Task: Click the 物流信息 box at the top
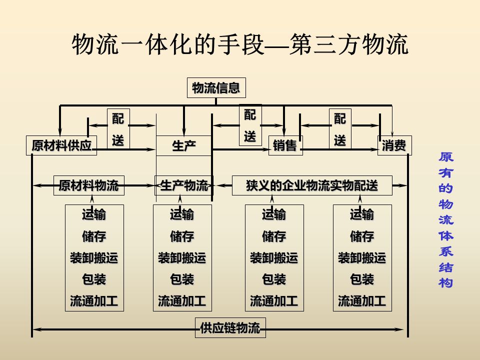[x=216, y=88]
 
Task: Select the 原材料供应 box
[x=61, y=145]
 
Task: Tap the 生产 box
[x=184, y=145]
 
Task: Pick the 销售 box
[x=285, y=145]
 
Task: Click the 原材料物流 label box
[x=88, y=185]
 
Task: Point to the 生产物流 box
[x=184, y=185]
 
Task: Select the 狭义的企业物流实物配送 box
[x=312, y=185]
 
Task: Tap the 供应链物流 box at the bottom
[x=230, y=328]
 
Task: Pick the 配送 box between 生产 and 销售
[x=250, y=125]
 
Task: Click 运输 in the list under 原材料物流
[x=94, y=215]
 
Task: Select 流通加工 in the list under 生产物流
[x=182, y=301]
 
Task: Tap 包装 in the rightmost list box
[x=362, y=279]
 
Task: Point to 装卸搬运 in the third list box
[x=274, y=258]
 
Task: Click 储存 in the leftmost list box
[x=94, y=236]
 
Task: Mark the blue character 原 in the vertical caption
[x=446, y=156]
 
